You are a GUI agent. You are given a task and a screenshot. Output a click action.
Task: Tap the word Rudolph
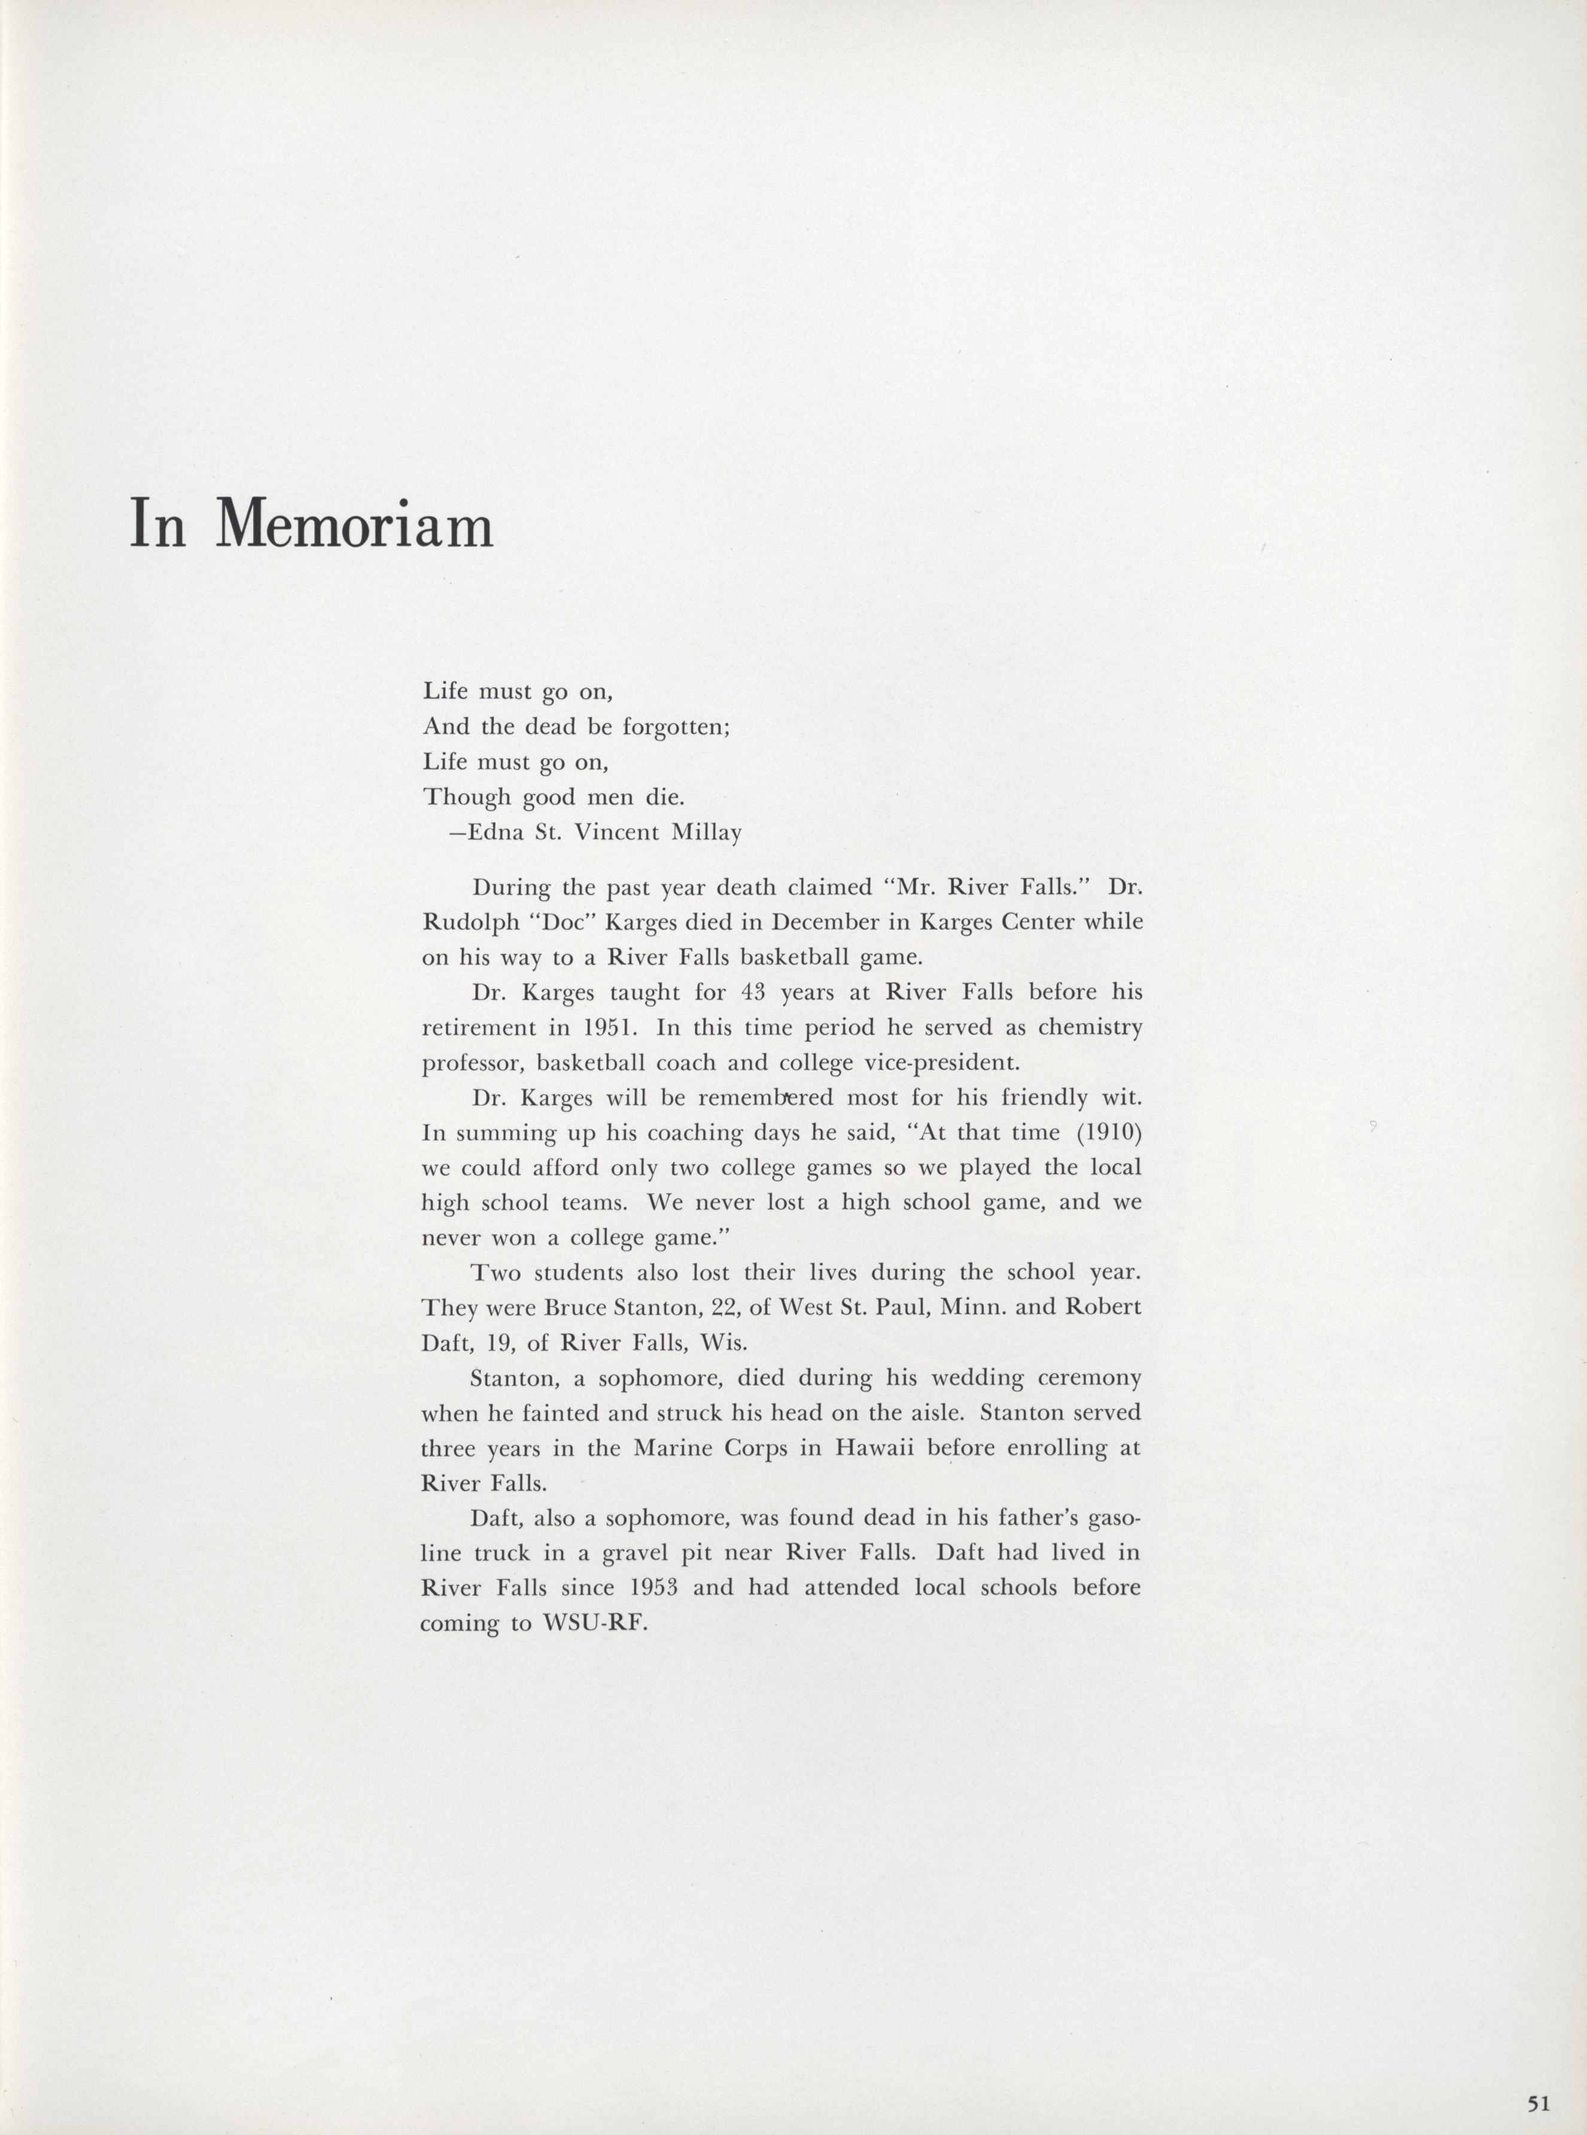coord(470,922)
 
